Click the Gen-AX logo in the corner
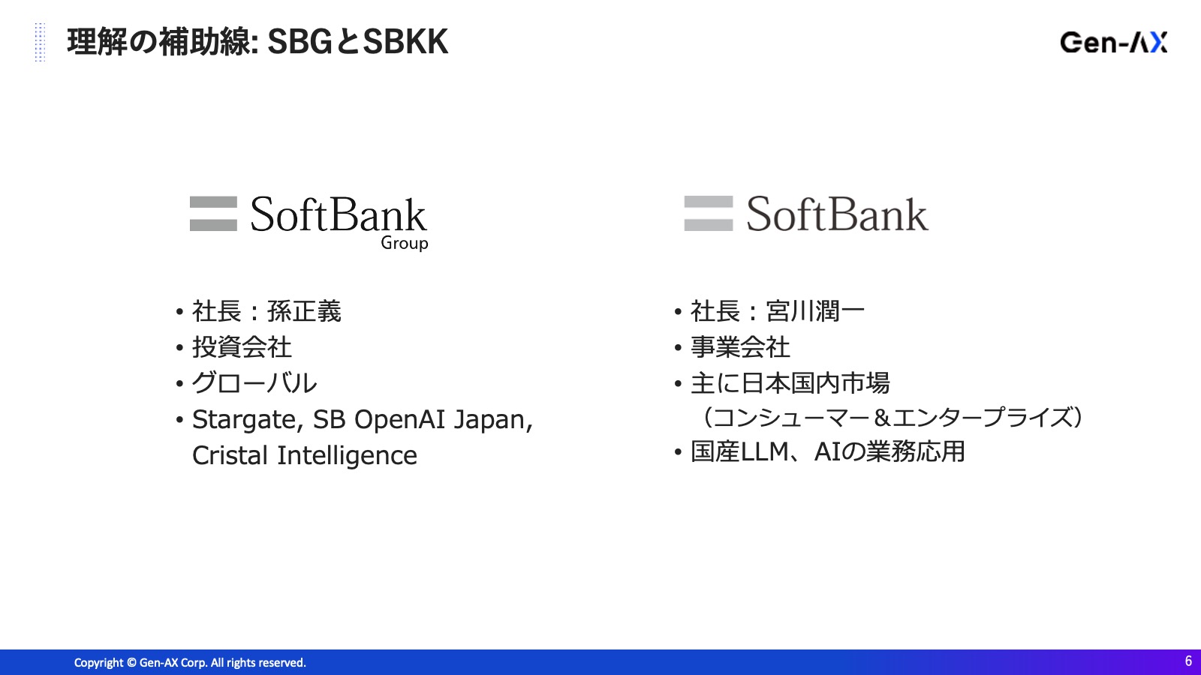(1113, 42)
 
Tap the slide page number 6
(1189, 661)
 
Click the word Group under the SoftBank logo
(405, 243)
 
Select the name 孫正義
(304, 311)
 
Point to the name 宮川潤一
(815, 311)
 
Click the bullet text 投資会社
(242, 347)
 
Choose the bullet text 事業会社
(740, 347)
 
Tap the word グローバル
(254, 383)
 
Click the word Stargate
(246, 420)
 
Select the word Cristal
(230, 455)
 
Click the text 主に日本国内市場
(790, 383)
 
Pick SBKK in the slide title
(406, 42)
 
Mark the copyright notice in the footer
(190, 663)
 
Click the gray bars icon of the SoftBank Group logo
(213, 214)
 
